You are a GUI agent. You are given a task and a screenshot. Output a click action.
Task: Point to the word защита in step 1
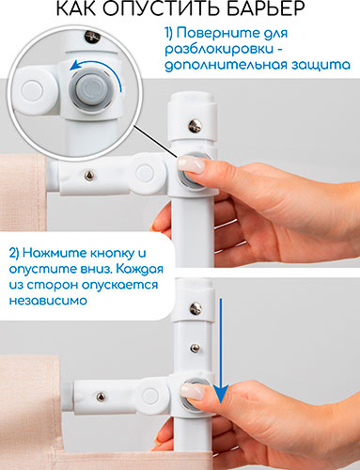click(x=321, y=65)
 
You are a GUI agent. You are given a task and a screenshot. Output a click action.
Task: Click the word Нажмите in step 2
click(x=54, y=253)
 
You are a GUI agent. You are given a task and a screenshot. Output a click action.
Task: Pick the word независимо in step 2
click(x=48, y=301)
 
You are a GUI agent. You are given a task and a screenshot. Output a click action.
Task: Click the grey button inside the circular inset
click(x=89, y=88)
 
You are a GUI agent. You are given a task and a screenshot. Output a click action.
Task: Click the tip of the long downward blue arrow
click(x=221, y=403)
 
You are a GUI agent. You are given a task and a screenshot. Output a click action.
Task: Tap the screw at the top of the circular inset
click(x=92, y=37)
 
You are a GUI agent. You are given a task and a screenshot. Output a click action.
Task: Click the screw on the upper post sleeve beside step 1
click(x=195, y=125)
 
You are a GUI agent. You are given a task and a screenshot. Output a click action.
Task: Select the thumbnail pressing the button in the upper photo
click(x=191, y=164)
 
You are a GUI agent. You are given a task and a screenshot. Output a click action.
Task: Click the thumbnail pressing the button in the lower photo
click(x=193, y=391)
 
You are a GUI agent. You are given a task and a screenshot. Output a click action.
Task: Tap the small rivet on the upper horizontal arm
click(x=89, y=176)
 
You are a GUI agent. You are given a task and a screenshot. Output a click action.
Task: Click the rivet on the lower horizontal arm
click(x=101, y=397)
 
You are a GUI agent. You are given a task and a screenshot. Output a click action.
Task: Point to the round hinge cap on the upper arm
click(x=145, y=173)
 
